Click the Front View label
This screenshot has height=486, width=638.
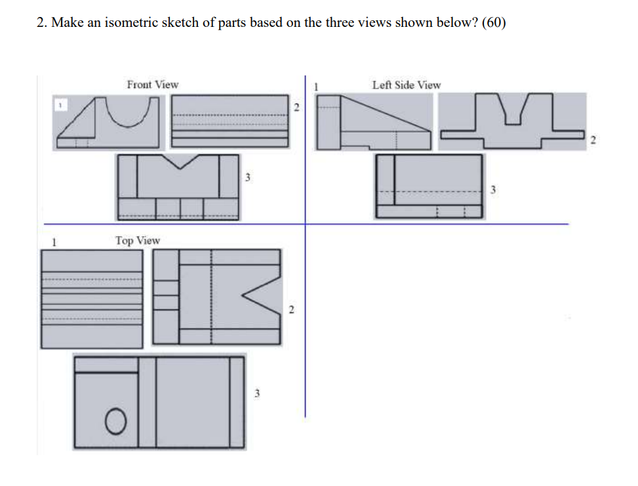(152, 85)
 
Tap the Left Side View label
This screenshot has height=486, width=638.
(406, 85)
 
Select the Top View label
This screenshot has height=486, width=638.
(137, 241)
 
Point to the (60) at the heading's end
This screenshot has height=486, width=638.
(494, 22)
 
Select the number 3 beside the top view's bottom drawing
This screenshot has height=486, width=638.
(257, 394)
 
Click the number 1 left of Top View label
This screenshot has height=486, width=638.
(54, 241)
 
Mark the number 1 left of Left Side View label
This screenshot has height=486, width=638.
(316, 85)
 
